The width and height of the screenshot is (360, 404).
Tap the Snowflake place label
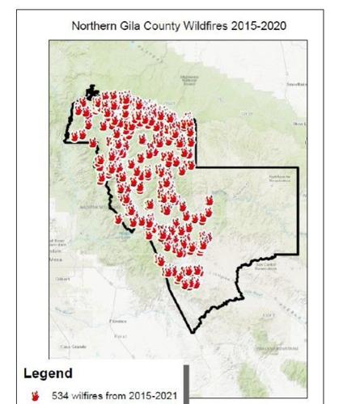(296, 83)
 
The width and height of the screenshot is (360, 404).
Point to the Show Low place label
(301, 124)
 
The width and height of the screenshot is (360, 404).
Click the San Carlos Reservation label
(265, 267)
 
